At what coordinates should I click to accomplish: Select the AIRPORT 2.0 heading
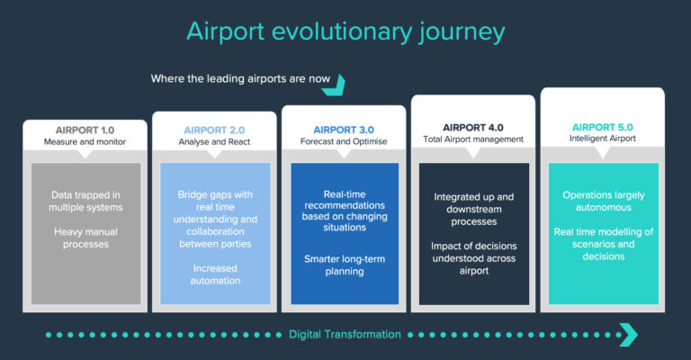coord(214,130)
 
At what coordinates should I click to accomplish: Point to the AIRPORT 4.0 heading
coord(473,127)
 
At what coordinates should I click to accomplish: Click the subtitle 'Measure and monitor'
coord(85,142)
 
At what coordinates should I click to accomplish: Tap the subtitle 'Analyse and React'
coord(214,142)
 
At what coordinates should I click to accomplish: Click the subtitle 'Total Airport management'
coord(473,139)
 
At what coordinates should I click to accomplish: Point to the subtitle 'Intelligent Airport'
coord(603,139)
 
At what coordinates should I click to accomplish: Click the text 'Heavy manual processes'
coord(85,238)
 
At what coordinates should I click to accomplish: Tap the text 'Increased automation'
coord(214,274)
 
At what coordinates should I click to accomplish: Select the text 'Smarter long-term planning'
coord(345,265)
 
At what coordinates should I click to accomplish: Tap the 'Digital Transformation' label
coord(345,335)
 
